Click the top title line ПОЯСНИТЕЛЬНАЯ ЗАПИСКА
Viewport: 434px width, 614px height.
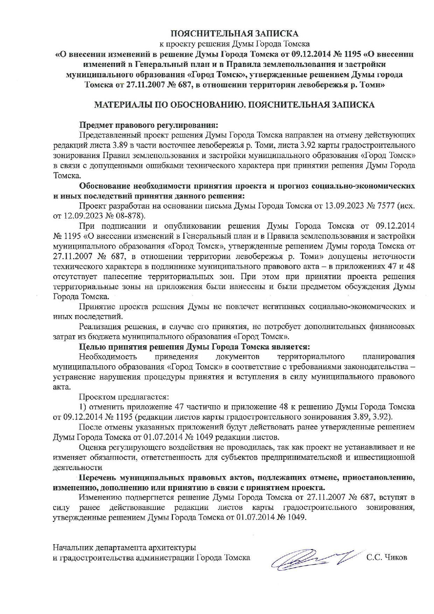[x=234, y=34]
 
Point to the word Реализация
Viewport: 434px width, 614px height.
[x=99, y=327]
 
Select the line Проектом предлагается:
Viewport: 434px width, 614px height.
[x=124, y=397]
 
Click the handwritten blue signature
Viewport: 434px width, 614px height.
[x=311, y=558]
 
